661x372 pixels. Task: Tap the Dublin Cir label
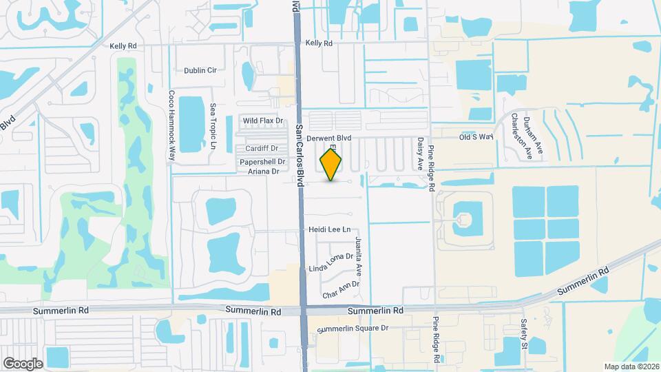(x=200, y=70)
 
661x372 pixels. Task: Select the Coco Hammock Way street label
(x=172, y=126)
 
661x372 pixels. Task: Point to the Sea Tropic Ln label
(x=213, y=127)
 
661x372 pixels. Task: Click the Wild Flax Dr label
(x=263, y=121)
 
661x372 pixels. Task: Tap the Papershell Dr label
(x=262, y=162)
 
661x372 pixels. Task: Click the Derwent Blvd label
(x=329, y=138)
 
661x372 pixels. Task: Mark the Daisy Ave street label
(x=419, y=154)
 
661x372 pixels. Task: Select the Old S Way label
(x=477, y=137)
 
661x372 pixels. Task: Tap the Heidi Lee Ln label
(x=330, y=229)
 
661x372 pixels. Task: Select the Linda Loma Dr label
(x=330, y=262)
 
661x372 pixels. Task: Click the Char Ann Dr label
(x=341, y=289)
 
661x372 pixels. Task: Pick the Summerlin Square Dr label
(x=353, y=328)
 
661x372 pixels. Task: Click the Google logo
(x=23, y=363)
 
